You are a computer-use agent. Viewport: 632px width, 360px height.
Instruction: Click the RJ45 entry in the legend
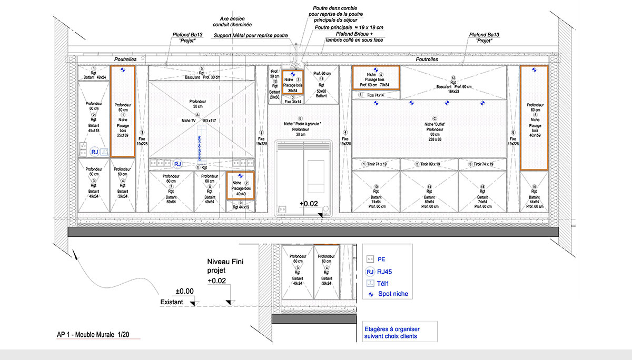pyautogui.click(x=386, y=272)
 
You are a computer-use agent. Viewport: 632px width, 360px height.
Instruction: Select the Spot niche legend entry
pyautogui.click(x=392, y=294)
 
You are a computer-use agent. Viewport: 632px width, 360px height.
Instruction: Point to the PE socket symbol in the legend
pyautogui.click(x=370, y=259)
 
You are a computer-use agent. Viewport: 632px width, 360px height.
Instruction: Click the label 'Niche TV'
pyautogui.click(x=189, y=121)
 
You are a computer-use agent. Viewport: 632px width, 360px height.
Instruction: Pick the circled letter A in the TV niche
pyautogui.click(x=197, y=114)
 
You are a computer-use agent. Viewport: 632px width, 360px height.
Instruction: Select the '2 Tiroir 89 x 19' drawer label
pyautogui.click(x=429, y=164)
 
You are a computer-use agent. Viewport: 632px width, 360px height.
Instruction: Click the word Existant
pyautogui.click(x=171, y=302)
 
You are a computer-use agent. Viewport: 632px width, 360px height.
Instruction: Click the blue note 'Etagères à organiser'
pyautogui.click(x=392, y=329)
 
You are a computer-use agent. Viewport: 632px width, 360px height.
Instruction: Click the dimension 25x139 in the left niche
pyautogui.click(x=122, y=135)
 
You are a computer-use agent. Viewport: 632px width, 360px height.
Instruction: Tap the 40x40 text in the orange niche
pyautogui.click(x=240, y=193)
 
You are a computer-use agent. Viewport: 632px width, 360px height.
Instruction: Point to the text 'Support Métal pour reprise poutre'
pyautogui.click(x=251, y=36)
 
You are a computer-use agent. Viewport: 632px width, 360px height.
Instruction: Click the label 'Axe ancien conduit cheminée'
pyautogui.click(x=232, y=21)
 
